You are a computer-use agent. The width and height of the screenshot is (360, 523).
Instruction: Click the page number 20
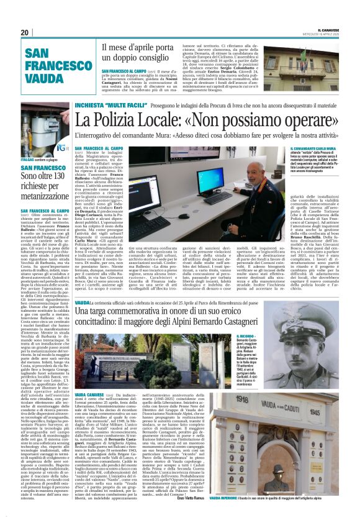(x=25, y=32)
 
